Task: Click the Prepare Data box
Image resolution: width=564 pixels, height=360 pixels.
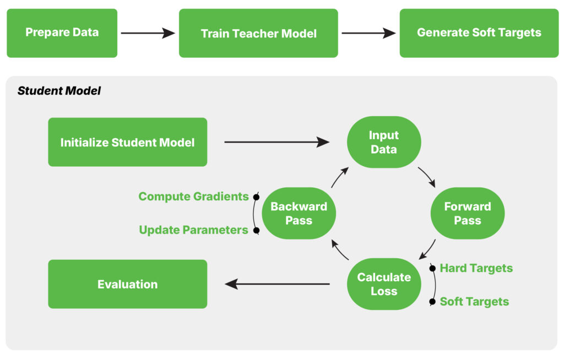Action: coord(62,33)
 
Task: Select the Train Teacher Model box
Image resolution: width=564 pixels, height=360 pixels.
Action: coord(258,33)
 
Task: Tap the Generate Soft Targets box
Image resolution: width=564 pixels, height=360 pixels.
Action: coord(479,33)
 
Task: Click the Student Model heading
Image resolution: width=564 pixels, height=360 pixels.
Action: coord(59,91)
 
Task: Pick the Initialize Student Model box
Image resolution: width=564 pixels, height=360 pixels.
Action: coord(128,142)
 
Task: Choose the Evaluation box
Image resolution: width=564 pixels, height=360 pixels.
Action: coord(128,284)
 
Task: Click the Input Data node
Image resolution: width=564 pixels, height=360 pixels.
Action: coord(384,142)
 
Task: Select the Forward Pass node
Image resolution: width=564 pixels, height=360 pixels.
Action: coord(468,213)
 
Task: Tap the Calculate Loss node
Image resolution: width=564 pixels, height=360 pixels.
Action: coord(384,284)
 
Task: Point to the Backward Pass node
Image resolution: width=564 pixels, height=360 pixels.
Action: coord(299,213)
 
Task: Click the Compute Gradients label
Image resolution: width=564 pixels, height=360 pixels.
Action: coord(193,197)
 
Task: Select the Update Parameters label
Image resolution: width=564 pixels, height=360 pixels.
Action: coord(193,230)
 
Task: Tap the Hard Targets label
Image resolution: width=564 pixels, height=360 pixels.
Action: coord(476,268)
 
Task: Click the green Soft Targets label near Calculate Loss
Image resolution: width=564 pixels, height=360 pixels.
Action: coord(474,302)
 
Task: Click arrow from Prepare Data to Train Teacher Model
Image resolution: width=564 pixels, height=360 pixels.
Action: coord(148,33)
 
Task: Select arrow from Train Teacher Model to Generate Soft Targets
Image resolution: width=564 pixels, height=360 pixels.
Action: coord(368,33)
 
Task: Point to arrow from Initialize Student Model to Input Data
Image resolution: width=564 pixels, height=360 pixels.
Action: coord(276,142)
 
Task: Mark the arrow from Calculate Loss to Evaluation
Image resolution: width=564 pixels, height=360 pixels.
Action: coord(277,284)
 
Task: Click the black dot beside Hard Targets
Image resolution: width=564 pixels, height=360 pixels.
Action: coord(432,268)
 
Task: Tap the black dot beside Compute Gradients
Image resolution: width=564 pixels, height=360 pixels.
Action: coord(256,197)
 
